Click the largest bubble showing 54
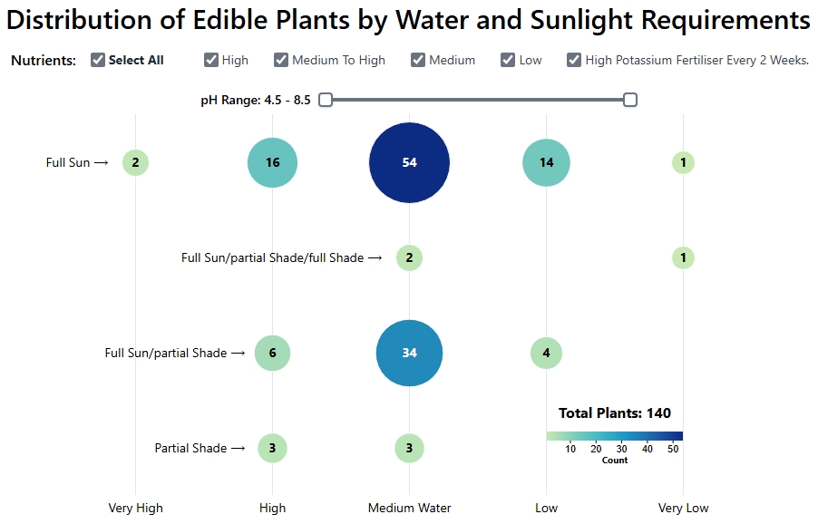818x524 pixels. tap(409, 162)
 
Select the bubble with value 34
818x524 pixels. tap(409, 353)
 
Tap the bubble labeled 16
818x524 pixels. tap(272, 162)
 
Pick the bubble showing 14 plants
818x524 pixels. tap(546, 162)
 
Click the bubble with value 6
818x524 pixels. tap(272, 353)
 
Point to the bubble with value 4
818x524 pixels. tap(546, 353)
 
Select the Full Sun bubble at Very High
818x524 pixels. tap(135, 162)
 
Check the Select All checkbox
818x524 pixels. tap(98, 60)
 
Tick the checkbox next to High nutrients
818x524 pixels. tap(211, 60)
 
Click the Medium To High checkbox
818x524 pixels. tap(281, 60)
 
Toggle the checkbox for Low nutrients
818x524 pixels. tap(508, 60)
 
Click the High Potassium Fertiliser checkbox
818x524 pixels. tap(574, 60)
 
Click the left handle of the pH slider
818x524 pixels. tap(326, 100)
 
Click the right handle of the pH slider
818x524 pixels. tap(630, 100)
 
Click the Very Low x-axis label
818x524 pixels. tap(683, 508)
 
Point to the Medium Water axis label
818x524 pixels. tap(409, 508)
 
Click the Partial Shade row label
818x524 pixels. tap(190, 448)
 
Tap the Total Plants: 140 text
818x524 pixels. tap(615, 413)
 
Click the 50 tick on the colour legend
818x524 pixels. tap(672, 449)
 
